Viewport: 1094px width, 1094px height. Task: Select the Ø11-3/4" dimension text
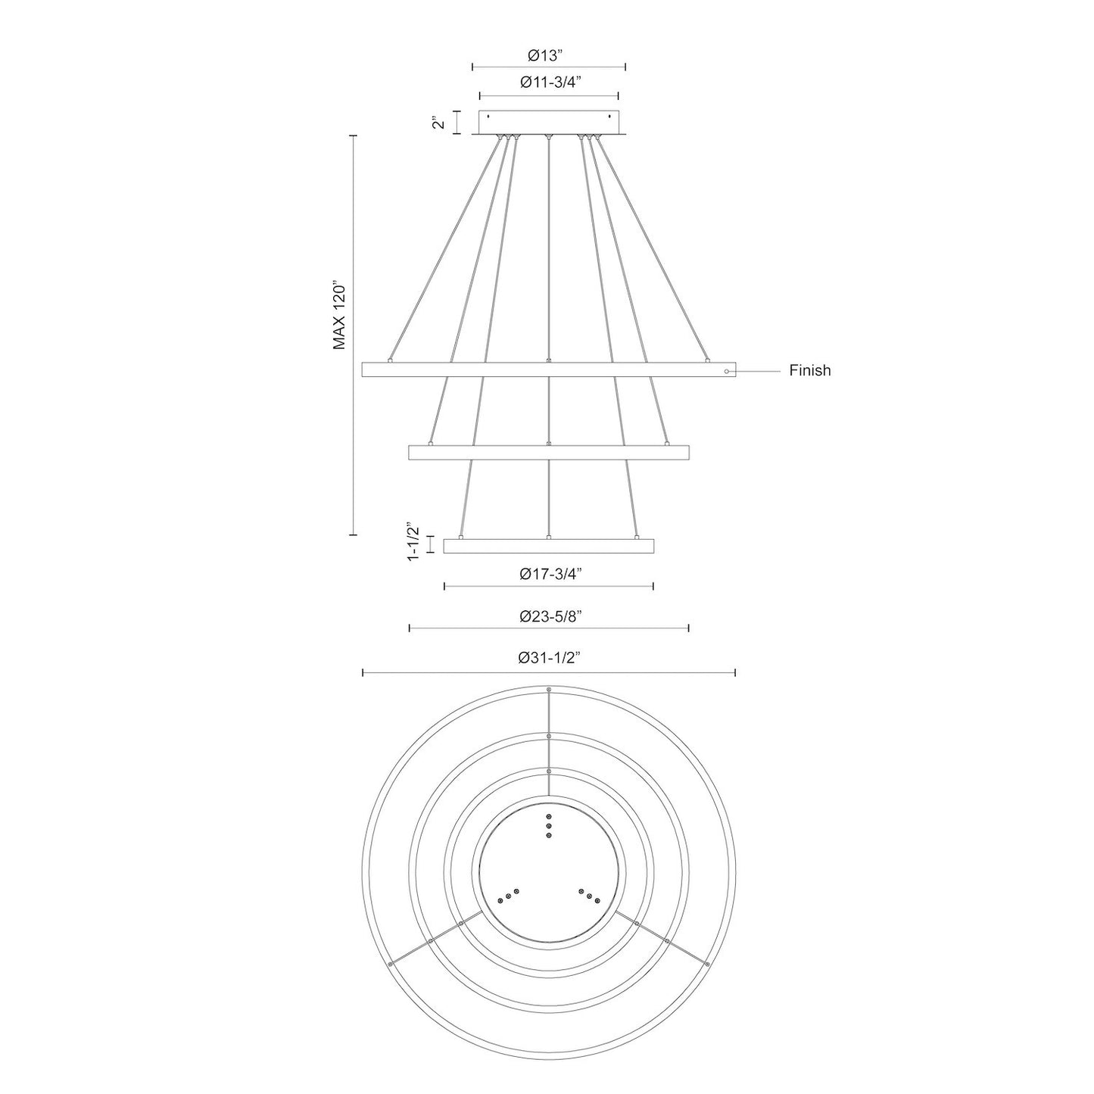click(550, 84)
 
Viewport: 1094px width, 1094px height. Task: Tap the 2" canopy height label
click(438, 122)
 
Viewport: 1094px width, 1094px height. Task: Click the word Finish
click(809, 370)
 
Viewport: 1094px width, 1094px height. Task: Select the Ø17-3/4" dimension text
click(550, 574)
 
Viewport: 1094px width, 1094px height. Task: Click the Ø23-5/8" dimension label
click(550, 616)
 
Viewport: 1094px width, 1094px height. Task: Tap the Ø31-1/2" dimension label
click(549, 659)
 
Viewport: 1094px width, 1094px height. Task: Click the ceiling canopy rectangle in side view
click(549, 123)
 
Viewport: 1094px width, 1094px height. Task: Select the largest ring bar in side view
click(549, 370)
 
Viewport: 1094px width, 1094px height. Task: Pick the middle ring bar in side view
click(549, 453)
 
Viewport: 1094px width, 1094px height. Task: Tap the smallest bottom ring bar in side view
click(549, 546)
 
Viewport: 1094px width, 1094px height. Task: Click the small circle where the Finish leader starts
click(727, 371)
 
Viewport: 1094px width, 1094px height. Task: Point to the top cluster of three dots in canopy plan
click(549, 826)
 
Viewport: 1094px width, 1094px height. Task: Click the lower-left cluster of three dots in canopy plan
click(508, 896)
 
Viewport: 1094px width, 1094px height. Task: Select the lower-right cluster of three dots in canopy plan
click(589, 896)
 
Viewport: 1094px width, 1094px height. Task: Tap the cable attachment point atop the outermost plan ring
click(549, 690)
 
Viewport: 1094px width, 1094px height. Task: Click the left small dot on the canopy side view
click(488, 117)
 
